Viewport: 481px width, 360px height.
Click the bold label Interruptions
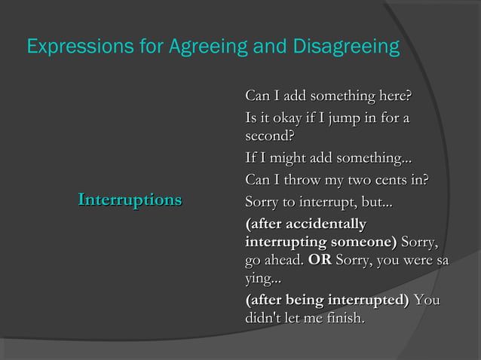[130, 200]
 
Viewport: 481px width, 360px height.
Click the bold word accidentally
[327, 224]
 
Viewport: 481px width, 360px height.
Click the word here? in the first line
[394, 97]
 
